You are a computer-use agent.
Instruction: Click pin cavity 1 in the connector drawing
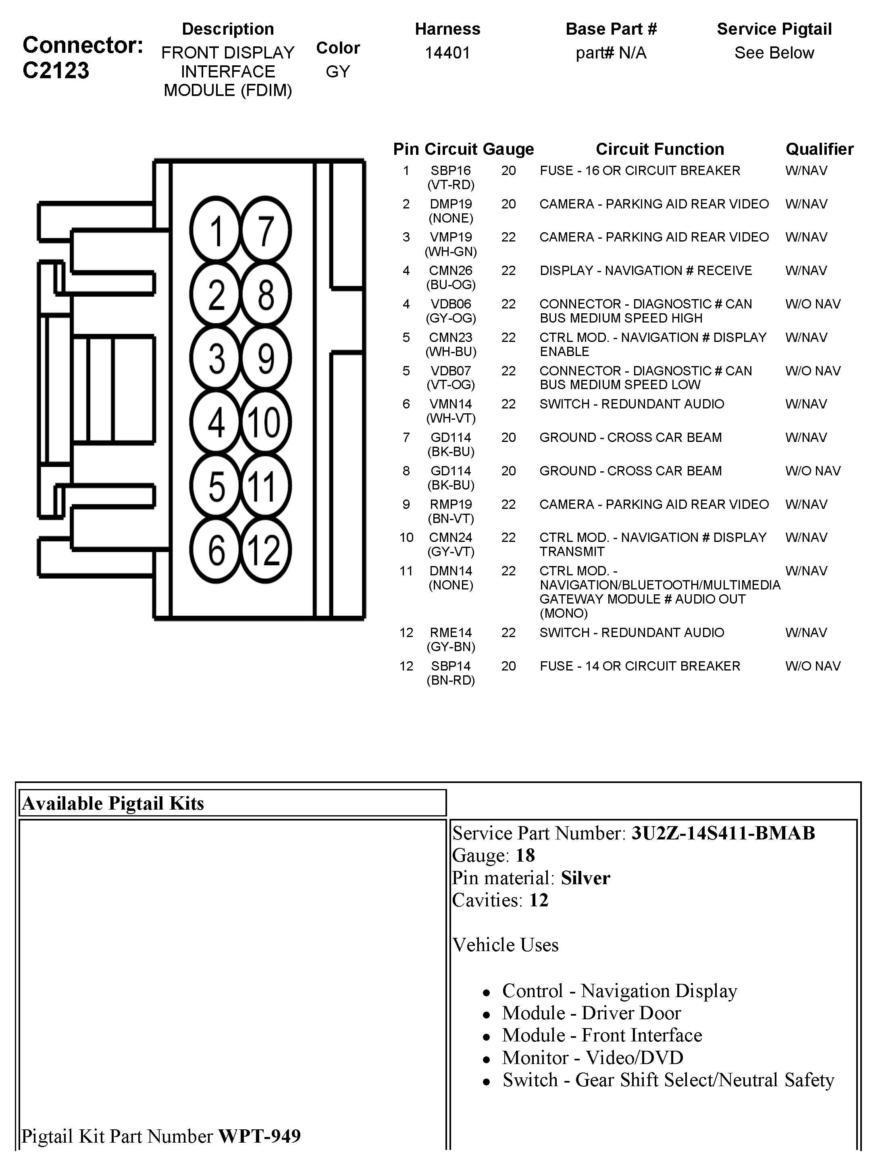click(215, 230)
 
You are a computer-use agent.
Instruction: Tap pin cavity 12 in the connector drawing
click(265, 550)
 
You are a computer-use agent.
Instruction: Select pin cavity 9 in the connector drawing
click(266, 358)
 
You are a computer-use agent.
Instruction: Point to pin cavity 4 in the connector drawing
click(216, 422)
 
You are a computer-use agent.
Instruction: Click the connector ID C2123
click(56, 71)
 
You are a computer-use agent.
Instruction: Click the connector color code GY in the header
click(338, 71)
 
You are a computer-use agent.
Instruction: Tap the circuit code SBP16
click(451, 171)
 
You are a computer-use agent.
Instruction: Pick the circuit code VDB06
click(451, 304)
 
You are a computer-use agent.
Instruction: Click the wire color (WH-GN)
click(451, 252)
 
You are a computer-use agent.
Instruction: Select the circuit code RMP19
click(451, 504)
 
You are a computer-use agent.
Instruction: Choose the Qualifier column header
click(819, 149)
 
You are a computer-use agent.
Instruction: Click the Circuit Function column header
click(660, 149)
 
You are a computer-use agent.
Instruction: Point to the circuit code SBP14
click(451, 666)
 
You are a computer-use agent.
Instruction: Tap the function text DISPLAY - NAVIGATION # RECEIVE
click(645, 271)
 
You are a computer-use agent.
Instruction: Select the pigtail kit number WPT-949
click(260, 1136)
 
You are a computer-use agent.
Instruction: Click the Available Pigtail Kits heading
click(113, 803)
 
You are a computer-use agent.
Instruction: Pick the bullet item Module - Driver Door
click(591, 1013)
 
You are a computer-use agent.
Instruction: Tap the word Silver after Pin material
click(585, 878)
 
